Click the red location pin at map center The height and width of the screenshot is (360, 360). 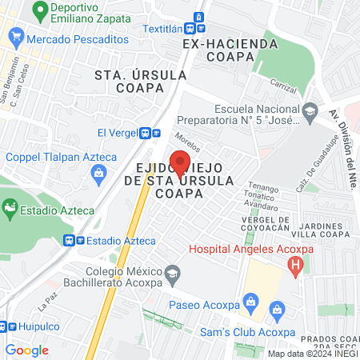point(180,162)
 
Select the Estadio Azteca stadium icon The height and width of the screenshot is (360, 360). point(9,210)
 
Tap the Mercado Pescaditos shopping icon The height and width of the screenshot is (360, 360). point(14,38)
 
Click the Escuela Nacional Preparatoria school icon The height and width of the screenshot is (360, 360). point(311,110)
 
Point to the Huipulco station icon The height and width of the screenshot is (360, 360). point(5,326)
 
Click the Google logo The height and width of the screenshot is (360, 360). point(26,350)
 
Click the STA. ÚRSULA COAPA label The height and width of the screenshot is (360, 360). point(141,81)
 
